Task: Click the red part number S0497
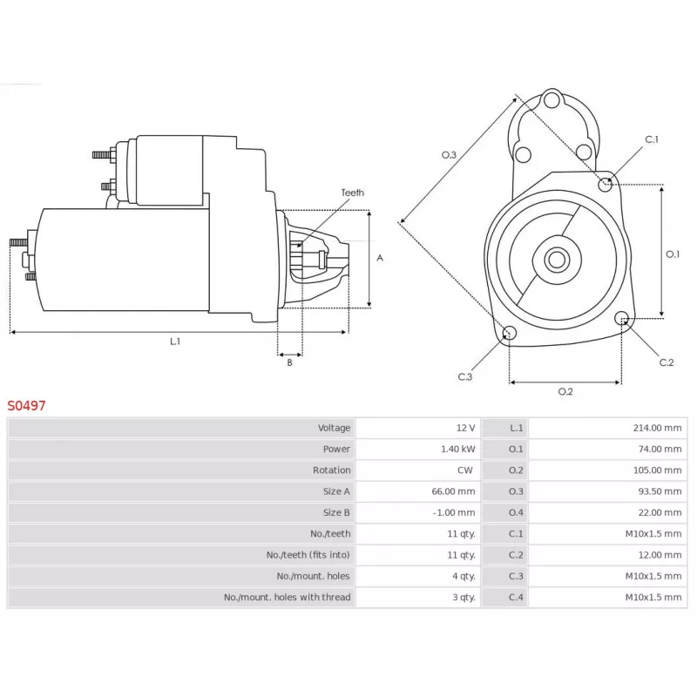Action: coord(27,405)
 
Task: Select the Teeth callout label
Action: coord(352,193)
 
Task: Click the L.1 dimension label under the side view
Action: coord(175,342)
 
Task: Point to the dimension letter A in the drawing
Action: coord(380,258)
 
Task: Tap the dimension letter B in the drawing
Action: coord(289,362)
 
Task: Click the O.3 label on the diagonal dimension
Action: coord(449,154)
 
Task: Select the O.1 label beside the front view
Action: coord(673,254)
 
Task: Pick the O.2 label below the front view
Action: coord(565,391)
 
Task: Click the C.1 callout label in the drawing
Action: coord(652,139)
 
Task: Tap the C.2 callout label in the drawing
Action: coord(667,362)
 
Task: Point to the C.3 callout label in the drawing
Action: coord(464,376)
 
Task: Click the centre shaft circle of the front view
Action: coord(555,259)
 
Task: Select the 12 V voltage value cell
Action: coord(465,428)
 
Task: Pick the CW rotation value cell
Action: coord(465,470)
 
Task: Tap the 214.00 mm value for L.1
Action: coord(657,428)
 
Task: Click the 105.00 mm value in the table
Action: coord(657,470)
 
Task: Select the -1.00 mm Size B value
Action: coord(453,512)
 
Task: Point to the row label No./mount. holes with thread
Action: coord(287,597)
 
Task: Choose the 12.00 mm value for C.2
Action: coord(660,554)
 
